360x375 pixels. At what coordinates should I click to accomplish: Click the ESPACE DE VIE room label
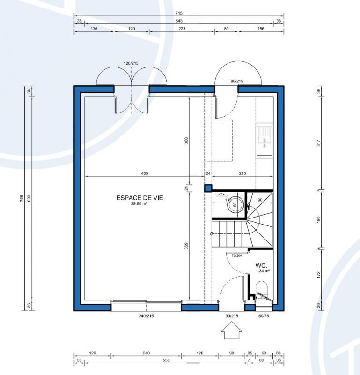(140, 198)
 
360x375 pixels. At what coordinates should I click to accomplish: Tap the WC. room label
(261, 265)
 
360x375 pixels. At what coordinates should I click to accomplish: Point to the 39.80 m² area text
(139, 204)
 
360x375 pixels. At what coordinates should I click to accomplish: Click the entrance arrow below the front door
(231, 330)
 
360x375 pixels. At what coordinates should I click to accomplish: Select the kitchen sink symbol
(264, 140)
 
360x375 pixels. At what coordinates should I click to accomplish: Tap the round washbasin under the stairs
(235, 205)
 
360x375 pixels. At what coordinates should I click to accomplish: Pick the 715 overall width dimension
(179, 13)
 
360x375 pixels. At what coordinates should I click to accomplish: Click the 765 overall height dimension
(22, 198)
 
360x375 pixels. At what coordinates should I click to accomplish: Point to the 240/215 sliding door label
(146, 316)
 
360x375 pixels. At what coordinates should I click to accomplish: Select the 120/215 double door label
(131, 63)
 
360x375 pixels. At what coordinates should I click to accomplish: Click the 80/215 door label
(237, 81)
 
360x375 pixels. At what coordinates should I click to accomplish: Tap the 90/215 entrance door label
(232, 316)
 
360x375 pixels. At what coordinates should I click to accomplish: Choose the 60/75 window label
(264, 316)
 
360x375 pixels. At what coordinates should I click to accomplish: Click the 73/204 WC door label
(237, 255)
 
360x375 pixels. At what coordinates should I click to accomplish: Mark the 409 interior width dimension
(145, 173)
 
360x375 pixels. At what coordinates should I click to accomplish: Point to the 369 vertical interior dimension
(186, 246)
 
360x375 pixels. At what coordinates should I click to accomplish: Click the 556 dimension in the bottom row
(166, 360)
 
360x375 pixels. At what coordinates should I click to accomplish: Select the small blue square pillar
(208, 188)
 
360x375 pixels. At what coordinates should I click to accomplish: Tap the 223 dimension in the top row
(182, 29)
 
